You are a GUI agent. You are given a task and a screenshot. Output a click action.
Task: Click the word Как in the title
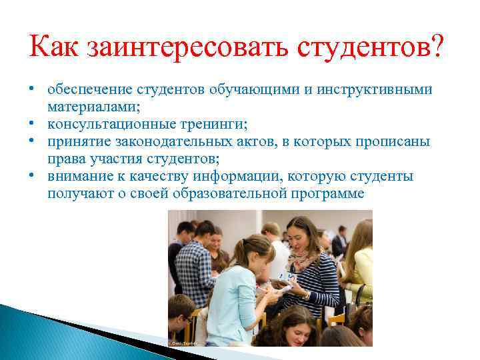pos(55,49)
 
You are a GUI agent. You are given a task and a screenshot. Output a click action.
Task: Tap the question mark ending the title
pos(433,49)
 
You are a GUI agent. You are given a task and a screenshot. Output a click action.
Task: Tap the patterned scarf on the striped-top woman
pos(303,260)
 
